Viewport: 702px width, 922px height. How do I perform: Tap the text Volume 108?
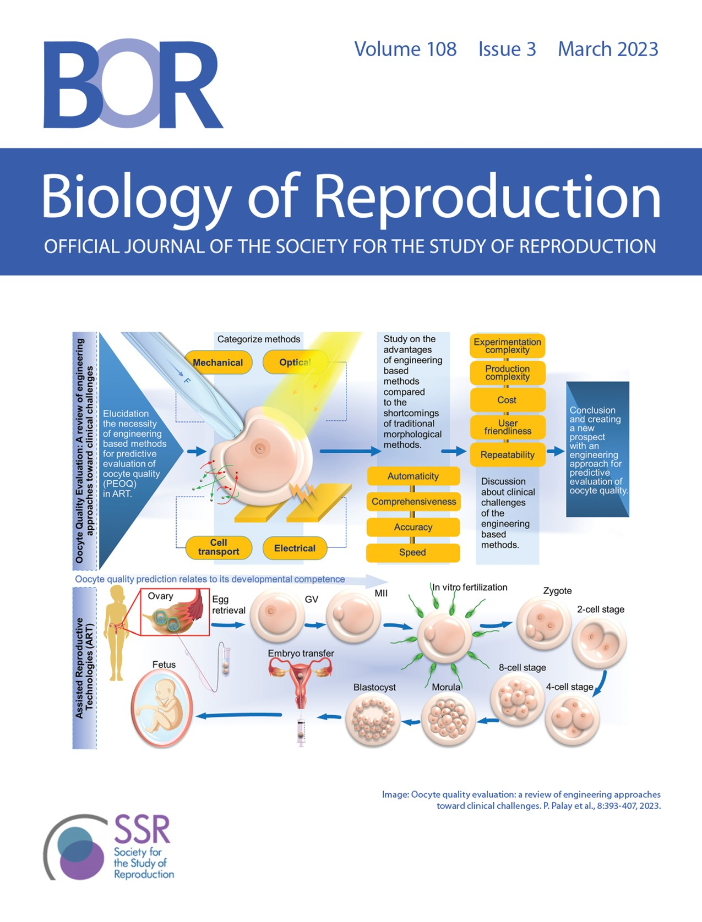click(x=405, y=50)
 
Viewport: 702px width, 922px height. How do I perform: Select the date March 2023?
click(x=608, y=50)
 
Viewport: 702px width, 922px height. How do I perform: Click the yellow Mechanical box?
click(x=218, y=363)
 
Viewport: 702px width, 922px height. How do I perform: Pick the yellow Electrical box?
click(x=295, y=548)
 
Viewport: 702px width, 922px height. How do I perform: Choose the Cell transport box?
click(x=219, y=547)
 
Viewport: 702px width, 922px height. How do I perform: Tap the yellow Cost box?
click(x=507, y=400)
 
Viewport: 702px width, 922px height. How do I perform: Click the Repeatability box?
click(x=507, y=455)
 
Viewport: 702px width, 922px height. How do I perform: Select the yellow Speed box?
click(x=412, y=552)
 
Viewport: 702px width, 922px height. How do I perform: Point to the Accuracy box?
click(x=413, y=527)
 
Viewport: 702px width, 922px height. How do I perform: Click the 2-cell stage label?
click(x=600, y=610)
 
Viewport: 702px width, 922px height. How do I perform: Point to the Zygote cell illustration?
click(x=543, y=624)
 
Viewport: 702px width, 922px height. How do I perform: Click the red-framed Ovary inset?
click(x=175, y=612)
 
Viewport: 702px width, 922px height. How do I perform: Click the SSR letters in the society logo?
click(x=142, y=830)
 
